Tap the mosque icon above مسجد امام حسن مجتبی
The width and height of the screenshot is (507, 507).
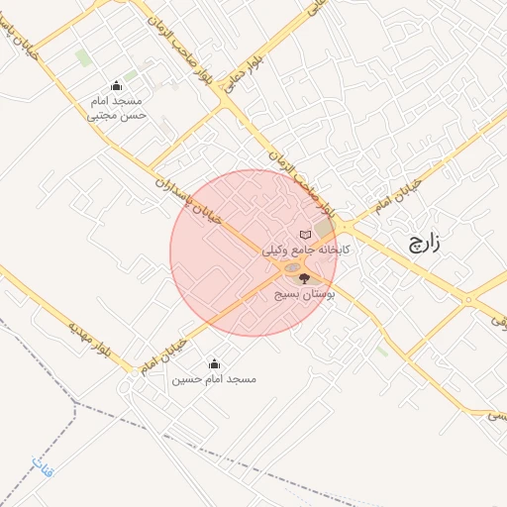118,85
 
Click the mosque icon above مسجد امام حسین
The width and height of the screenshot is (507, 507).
214,364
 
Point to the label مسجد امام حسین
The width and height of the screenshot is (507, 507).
214,379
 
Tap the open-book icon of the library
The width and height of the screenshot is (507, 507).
306,235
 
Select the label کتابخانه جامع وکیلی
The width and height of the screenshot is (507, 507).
306,252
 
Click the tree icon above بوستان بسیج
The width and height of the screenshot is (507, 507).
304,278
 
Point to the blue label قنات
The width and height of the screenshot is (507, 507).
42,467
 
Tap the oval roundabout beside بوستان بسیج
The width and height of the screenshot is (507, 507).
291,267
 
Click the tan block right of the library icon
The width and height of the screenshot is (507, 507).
325,230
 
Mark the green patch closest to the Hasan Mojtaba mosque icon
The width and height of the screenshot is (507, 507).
131,76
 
